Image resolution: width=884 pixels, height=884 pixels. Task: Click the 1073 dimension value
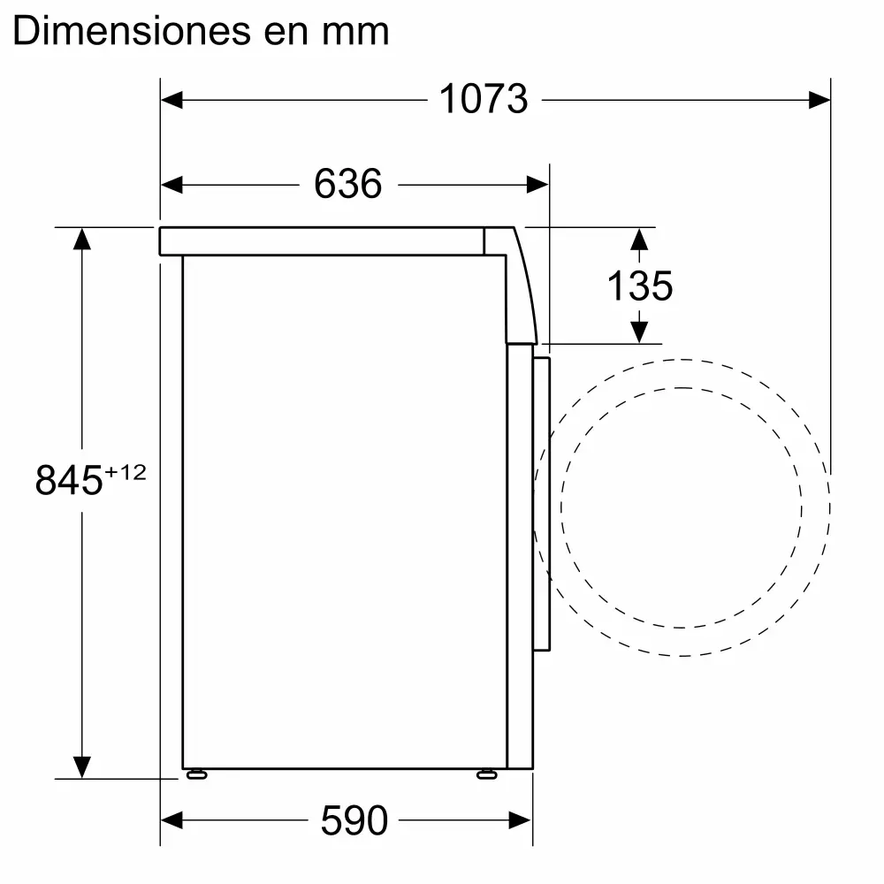(483, 99)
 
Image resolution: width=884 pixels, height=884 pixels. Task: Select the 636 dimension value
(347, 184)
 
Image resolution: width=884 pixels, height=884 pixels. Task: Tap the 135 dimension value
(639, 286)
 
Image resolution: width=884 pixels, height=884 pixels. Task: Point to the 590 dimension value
(354, 821)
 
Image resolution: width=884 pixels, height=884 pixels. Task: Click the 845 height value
(70, 481)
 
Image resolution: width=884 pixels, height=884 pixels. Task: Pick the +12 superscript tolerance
(125, 473)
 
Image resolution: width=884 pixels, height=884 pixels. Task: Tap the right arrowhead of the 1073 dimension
(819, 99)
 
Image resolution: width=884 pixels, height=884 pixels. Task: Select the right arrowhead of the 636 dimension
(538, 184)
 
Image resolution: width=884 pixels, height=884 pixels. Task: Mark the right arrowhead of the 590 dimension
(521, 821)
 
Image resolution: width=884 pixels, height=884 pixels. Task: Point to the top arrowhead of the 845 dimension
(82, 239)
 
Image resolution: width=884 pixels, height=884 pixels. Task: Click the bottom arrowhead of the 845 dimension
(82, 767)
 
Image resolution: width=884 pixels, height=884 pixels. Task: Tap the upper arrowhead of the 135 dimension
(638, 239)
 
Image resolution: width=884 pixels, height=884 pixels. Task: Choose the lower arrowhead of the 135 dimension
(638, 331)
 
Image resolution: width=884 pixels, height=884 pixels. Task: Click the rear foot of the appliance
(195, 774)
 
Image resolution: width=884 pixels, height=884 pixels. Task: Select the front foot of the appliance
(486, 774)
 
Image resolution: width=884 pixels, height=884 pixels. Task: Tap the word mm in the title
(358, 32)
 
